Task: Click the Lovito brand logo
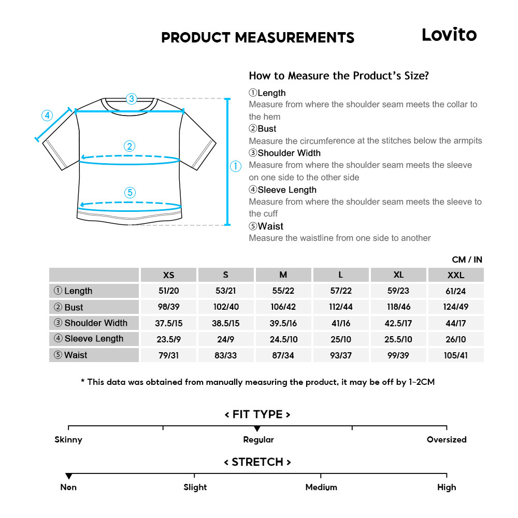[x=449, y=35]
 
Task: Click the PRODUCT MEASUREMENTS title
[x=257, y=38]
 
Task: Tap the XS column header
[x=169, y=275]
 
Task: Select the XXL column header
[x=456, y=275]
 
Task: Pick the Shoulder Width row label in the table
[x=91, y=323]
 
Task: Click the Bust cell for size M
[x=283, y=307]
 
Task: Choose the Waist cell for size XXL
[x=456, y=355]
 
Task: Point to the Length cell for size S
[x=225, y=291]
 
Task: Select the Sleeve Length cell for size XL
[x=398, y=339]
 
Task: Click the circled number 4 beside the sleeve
[x=47, y=115]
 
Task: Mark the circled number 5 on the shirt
[x=130, y=193]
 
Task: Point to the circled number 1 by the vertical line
[x=236, y=166]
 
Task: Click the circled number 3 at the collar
[x=131, y=98]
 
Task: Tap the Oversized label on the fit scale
[x=447, y=440]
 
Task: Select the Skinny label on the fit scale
[x=68, y=440]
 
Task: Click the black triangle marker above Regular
[x=257, y=429]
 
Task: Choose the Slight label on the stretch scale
[x=195, y=487]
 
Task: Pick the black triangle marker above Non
[x=68, y=476]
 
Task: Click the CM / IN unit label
[x=467, y=260]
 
